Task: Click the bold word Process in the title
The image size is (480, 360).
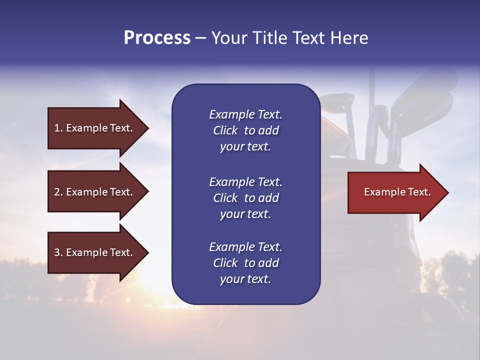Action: click(157, 37)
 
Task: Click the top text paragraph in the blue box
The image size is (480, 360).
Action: click(245, 130)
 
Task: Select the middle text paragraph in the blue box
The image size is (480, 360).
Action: click(245, 197)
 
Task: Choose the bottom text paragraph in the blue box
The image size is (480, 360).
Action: click(245, 263)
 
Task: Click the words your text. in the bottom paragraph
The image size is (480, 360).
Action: click(245, 279)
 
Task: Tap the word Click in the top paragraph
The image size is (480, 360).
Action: click(225, 130)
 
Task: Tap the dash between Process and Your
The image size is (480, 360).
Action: click(200, 38)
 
